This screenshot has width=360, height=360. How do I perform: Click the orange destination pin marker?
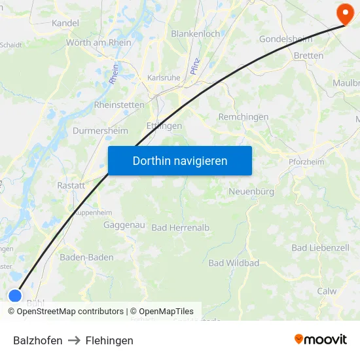pos(344,12)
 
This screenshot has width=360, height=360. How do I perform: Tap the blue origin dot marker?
pos(16,296)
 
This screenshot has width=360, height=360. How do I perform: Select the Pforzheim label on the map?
pos(306,162)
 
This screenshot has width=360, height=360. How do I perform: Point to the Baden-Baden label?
pos(86,257)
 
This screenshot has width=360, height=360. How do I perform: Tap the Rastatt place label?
pos(71,185)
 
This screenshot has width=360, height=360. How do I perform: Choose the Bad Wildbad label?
pos(234,263)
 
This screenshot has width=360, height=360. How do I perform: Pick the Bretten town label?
pos(308,56)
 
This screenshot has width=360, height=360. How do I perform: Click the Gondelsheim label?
pos(286,39)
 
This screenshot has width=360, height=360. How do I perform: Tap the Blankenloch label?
pos(195,33)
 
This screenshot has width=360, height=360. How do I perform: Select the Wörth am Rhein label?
pos(98,43)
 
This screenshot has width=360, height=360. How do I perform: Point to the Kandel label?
pos(65,23)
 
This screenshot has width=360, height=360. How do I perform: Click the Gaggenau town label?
pos(124,225)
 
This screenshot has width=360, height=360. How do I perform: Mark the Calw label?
pos(326,291)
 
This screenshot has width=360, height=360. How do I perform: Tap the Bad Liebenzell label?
pos(320,248)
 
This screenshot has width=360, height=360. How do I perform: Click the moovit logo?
pos(320,339)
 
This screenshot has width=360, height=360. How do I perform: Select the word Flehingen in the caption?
pos(109,340)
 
